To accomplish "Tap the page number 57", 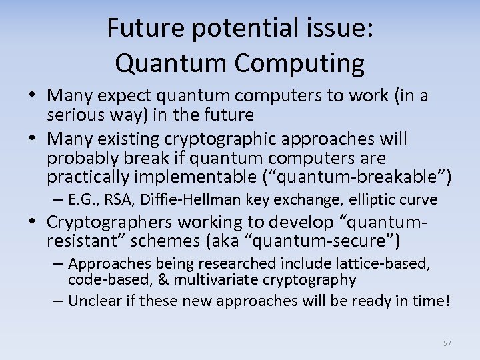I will (447, 343).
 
